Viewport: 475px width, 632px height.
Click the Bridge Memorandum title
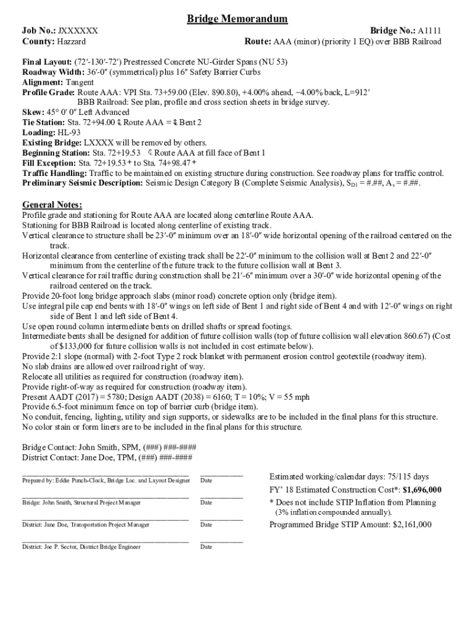point(238,19)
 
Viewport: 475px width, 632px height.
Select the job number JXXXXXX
point(78,31)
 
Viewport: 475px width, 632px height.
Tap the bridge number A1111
point(429,31)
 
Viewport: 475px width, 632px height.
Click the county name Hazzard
point(72,42)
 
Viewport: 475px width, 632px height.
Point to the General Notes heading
point(52,205)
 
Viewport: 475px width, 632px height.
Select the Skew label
point(33,112)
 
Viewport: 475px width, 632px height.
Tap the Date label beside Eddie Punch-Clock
point(206,480)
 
